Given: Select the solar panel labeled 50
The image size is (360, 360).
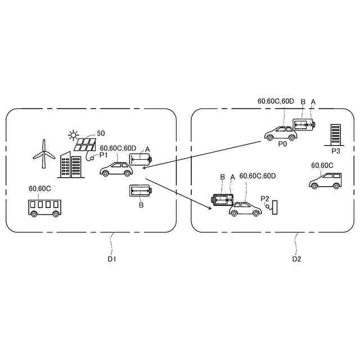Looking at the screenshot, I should click(84, 145).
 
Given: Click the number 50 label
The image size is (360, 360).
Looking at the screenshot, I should click(101, 133).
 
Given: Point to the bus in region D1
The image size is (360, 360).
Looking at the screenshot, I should click(45, 207).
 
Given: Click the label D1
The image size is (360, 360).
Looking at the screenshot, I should click(111, 259).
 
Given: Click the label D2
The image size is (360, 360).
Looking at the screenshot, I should click(296, 259).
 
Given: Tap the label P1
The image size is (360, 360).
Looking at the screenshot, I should click(103, 155).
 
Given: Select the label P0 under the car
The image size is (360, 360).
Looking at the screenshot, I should click(282, 144).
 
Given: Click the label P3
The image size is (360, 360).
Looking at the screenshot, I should click(336, 151).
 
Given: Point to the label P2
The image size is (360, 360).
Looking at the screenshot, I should click(265, 199).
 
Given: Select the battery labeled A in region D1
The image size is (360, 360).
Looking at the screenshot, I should click(141, 160).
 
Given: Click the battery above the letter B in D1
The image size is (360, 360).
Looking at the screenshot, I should click(140, 191).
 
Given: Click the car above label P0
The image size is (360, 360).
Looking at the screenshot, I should click(280, 133).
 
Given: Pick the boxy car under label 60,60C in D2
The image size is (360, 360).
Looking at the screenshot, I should click(326, 180).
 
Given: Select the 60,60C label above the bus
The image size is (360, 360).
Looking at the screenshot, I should click(40, 189).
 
